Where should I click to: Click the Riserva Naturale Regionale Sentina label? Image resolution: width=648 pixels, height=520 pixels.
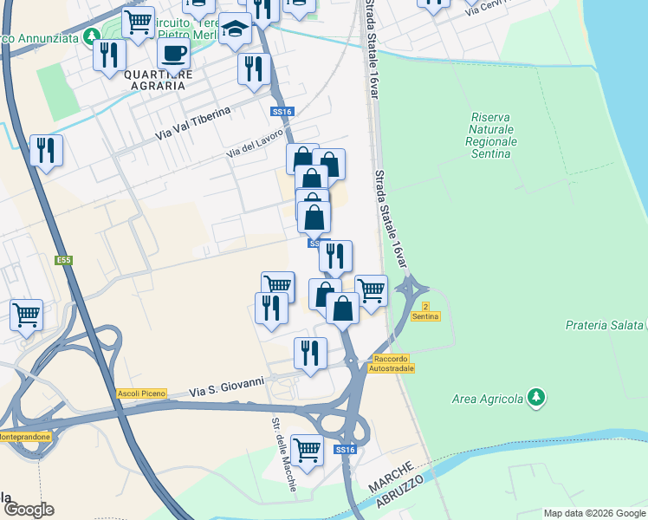(491, 135)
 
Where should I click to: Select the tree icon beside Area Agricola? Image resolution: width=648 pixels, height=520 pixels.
(537, 398)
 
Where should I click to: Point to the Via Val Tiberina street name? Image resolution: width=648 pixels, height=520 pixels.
(194, 124)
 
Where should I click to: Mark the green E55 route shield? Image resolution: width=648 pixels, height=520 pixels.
(63, 259)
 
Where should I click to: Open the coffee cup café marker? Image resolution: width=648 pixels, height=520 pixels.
(173, 54)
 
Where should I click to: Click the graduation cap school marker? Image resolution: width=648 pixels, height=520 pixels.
(235, 29)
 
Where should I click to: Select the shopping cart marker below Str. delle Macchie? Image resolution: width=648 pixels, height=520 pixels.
(307, 450)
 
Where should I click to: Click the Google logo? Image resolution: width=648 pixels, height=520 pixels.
(28, 510)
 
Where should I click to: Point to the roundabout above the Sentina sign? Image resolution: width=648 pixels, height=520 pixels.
(412, 285)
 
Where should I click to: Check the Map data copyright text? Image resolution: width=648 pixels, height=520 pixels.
(593, 513)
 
